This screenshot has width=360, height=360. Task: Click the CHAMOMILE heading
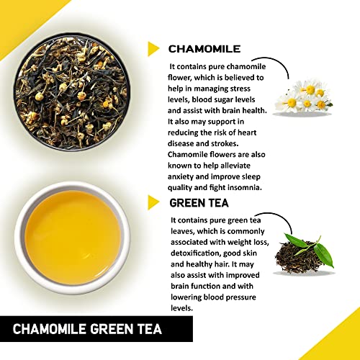pos(204,49)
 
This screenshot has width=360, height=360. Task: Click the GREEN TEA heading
pos(199,203)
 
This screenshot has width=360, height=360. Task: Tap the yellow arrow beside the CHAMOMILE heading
pos(153,49)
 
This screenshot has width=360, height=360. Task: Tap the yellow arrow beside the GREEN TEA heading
pos(153,202)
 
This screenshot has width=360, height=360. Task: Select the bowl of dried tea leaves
pos(72,92)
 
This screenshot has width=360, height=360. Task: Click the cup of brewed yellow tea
pos(72,238)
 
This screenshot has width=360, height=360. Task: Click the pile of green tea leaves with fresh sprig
pos(305,255)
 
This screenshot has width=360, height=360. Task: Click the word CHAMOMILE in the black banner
pos(50,329)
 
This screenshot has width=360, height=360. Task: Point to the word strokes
pos(225,143)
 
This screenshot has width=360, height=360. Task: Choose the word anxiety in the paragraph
pos(181,177)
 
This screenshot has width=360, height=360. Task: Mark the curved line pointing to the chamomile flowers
pos(274,63)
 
